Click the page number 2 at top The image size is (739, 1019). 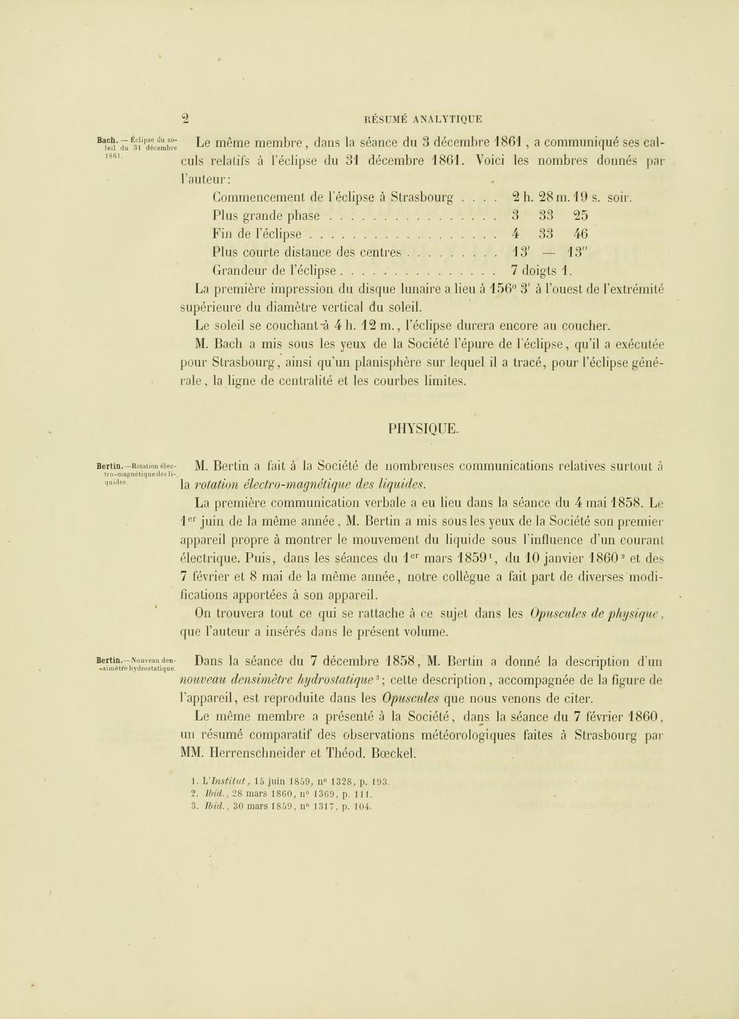click(185, 119)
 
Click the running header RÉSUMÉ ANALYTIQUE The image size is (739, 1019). click(422, 120)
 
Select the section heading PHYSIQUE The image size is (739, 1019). click(423, 429)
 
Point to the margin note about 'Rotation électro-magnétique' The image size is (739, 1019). click(137, 474)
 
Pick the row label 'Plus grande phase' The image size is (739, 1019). click(266, 216)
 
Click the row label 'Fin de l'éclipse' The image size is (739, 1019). click(256, 234)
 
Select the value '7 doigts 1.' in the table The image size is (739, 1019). click(541, 270)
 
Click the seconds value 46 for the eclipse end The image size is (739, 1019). click(580, 234)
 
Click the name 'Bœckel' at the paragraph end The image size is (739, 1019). click(392, 753)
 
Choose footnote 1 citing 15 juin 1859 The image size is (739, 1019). click(290, 782)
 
